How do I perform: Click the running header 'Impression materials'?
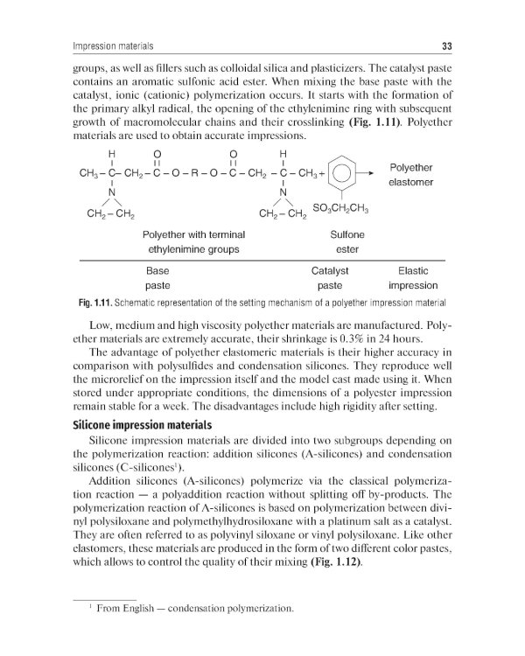(112, 45)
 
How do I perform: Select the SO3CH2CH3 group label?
(340, 208)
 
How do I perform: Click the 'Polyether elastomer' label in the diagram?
(410, 175)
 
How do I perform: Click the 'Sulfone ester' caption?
(346, 242)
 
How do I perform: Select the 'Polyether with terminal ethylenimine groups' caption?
(193, 242)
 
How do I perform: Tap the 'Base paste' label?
(157, 278)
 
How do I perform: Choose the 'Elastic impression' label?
(412, 278)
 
